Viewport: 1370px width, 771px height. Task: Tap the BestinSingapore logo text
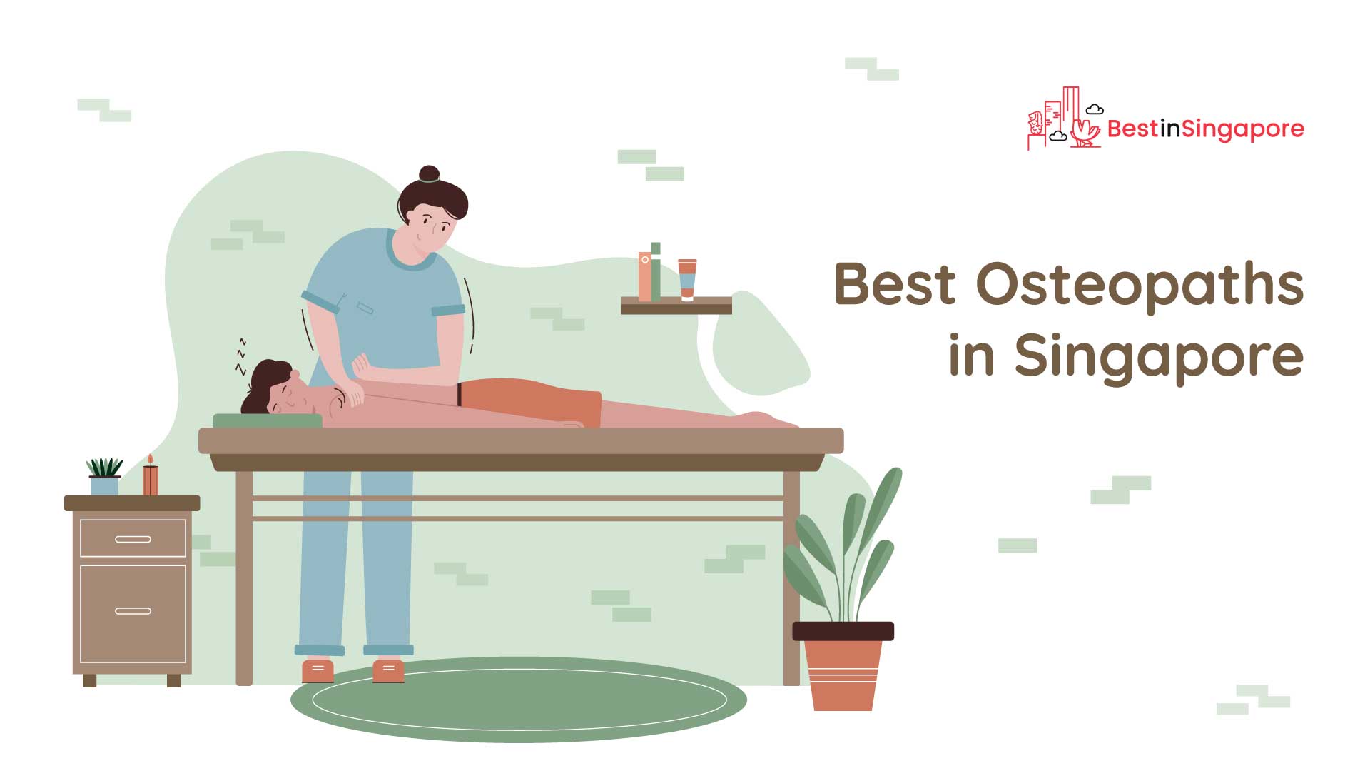point(1205,128)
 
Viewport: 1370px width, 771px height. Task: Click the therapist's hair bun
point(430,174)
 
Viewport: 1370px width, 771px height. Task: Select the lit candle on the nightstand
point(151,475)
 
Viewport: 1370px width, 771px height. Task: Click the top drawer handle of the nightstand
point(133,539)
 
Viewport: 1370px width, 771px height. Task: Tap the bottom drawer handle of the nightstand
point(133,611)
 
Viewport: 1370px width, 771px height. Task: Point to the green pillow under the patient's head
point(268,420)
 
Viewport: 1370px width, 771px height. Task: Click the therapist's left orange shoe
point(318,671)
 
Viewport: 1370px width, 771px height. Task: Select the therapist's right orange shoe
point(388,671)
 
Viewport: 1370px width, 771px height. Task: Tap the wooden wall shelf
point(676,306)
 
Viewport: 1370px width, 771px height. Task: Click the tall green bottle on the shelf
point(655,271)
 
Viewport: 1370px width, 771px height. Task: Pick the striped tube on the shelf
point(687,280)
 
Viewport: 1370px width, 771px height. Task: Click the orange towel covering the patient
point(529,402)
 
